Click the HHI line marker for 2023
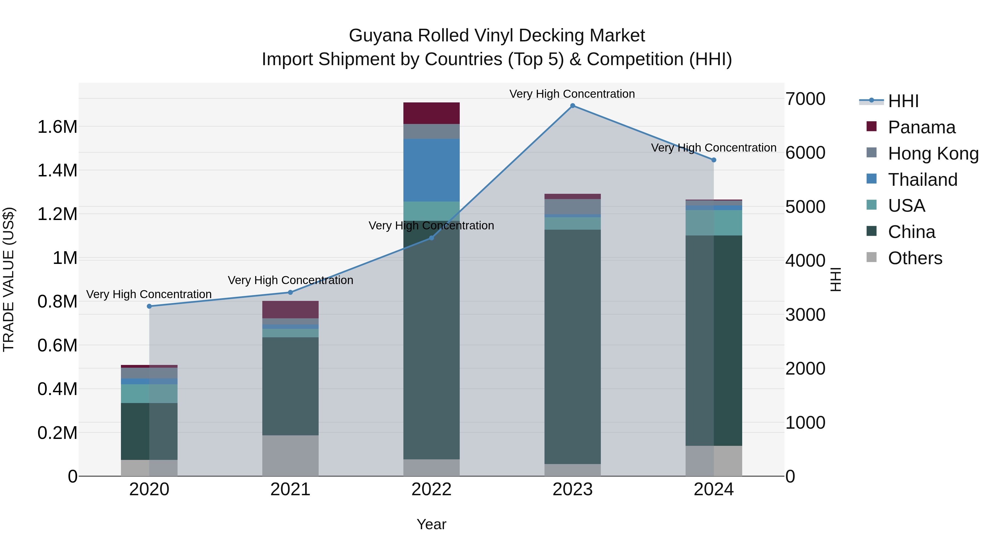pos(572,106)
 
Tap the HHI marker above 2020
pos(149,306)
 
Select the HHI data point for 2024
pos(713,160)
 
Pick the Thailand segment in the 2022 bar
pos(431,170)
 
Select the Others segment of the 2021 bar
pos(290,455)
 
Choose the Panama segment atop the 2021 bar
pos(290,309)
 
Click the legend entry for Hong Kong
pos(933,153)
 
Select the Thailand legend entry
pos(922,180)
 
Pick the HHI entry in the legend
pos(903,101)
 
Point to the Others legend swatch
pos(871,257)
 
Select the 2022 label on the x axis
pos(431,489)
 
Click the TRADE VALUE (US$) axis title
pos(9,279)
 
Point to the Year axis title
pos(431,524)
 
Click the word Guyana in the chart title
pos(380,36)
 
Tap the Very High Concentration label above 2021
pos(290,280)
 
